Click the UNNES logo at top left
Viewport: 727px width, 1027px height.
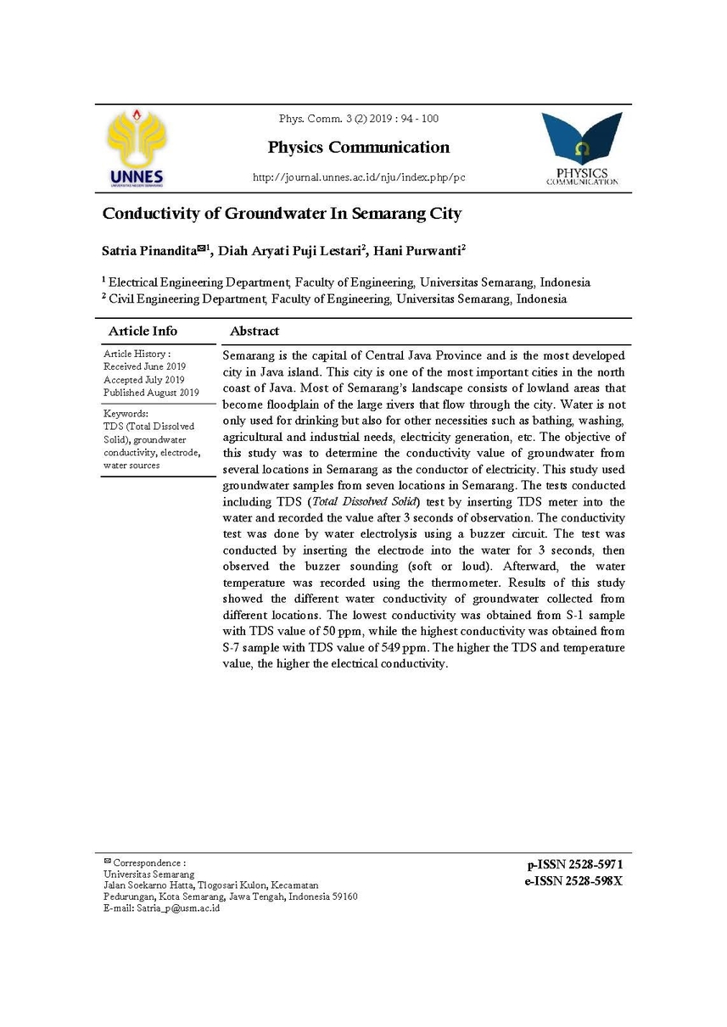pyautogui.click(x=137, y=148)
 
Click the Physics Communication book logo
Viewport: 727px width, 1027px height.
pyautogui.click(x=582, y=149)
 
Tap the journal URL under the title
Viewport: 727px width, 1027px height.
pyautogui.click(x=359, y=178)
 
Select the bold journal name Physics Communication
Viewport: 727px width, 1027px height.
pyautogui.click(x=359, y=147)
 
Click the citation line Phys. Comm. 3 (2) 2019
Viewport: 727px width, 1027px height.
pyautogui.click(x=359, y=119)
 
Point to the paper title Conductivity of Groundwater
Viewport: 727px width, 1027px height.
pyautogui.click(x=282, y=214)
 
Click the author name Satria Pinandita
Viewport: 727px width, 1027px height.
pyautogui.click(x=149, y=250)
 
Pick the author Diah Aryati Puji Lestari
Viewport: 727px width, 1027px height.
pyautogui.click(x=289, y=250)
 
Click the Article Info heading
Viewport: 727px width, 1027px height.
pyautogui.click(x=143, y=331)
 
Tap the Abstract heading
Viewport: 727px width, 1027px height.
pyautogui.click(x=254, y=331)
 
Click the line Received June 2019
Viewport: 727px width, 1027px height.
pyautogui.click(x=144, y=366)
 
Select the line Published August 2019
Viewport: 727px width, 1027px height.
pyautogui.click(x=151, y=393)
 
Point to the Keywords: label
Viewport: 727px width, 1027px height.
pyautogui.click(x=126, y=413)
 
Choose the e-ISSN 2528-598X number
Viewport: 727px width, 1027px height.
pyautogui.click(x=574, y=881)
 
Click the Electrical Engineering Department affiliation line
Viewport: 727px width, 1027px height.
pyautogui.click(x=346, y=282)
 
